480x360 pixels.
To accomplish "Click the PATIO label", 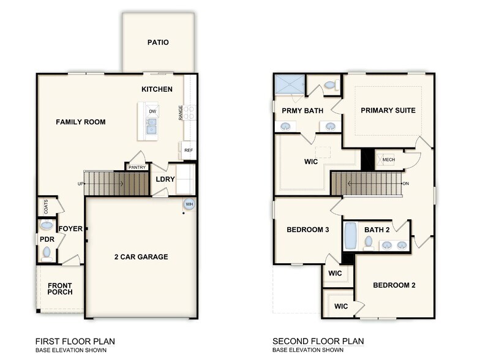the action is click(x=158, y=42).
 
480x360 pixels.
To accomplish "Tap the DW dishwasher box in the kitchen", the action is click(x=152, y=111).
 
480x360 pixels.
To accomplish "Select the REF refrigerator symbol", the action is click(x=189, y=151).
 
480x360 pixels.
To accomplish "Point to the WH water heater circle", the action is click(x=189, y=204).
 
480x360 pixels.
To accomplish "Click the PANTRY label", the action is click(x=137, y=168).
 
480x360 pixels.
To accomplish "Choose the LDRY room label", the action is click(x=165, y=179).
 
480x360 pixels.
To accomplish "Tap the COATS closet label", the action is click(x=46, y=207).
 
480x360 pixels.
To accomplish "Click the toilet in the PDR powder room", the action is click(x=47, y=254).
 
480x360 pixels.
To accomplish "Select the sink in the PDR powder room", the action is click(x=47, y=225).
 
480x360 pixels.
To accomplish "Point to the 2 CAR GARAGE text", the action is click(x=141, y=257).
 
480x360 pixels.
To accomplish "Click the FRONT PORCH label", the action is click(x=60, y=289).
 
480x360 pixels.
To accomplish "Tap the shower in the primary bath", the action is click(x=290, y=84).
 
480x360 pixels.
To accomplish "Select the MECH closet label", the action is click(x=388, y=159).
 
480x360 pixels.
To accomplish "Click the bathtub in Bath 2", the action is click(x=351, y=236).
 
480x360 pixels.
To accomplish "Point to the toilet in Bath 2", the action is click(x=369, y=244).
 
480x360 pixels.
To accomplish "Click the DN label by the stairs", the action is click(x=406, y=184).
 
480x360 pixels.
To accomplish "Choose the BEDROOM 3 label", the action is click(x=307, y=230).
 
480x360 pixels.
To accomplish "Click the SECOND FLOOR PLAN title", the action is click(x=318, y=342).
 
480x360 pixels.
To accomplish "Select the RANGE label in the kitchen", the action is click(x=181, y=113).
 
